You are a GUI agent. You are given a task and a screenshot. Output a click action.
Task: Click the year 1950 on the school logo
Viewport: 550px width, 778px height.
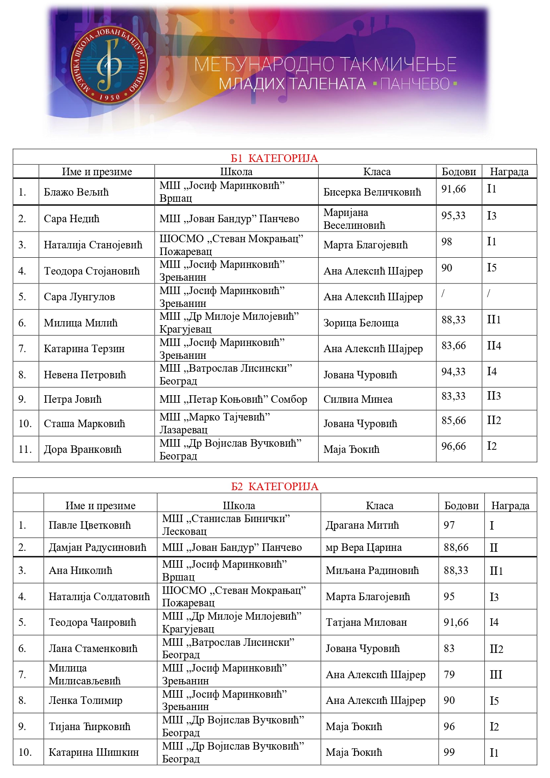click(x=109, y=97)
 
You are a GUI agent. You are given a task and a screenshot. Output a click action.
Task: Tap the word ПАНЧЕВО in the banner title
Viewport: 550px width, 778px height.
click(x=415, y=84)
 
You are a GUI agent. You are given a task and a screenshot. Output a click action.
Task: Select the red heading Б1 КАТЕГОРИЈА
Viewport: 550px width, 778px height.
click(x=274, y=158)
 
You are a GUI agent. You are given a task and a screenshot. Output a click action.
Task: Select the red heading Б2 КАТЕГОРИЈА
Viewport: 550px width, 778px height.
click(x=274, y=487)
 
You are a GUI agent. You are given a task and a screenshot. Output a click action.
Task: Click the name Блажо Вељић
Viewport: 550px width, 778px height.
click(x=76, y=192)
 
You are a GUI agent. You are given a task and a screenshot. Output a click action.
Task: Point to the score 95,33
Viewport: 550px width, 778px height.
click(x=453, y=216)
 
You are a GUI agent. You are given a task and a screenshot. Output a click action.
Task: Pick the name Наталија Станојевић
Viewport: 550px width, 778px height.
click(x=93, y=245)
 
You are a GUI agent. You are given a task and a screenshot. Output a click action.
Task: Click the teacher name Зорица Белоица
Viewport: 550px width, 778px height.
click(x=361, y=323)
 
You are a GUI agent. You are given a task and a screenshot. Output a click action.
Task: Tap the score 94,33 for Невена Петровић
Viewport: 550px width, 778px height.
click(x=453, y=372)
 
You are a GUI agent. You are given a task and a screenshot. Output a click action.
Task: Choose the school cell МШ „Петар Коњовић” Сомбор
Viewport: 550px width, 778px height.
click(x=233, y=399)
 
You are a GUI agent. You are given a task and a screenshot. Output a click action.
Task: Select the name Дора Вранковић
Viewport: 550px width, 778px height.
click(x=82, y=449)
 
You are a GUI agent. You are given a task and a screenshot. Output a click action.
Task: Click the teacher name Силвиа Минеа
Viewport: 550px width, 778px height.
click(x=358, y=399)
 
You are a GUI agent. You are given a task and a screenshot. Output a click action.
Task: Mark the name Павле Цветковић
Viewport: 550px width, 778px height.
click(x=90, y=525)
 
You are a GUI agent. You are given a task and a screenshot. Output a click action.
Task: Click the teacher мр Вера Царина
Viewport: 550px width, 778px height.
click(x=363, y=547)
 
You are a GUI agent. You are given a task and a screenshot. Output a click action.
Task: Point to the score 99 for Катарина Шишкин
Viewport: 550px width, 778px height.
click(x=449, y=752)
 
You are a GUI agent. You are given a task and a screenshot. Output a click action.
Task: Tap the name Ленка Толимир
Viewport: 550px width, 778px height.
click(x=86, y=700)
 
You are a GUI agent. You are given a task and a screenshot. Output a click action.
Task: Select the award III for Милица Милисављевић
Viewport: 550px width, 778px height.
click(x=496, y=675)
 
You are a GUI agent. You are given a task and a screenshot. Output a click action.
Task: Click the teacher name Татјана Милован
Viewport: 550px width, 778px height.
click(x=366, y=622)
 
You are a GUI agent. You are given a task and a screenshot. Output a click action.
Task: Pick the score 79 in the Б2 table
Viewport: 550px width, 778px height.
click(x=449, y=675)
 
